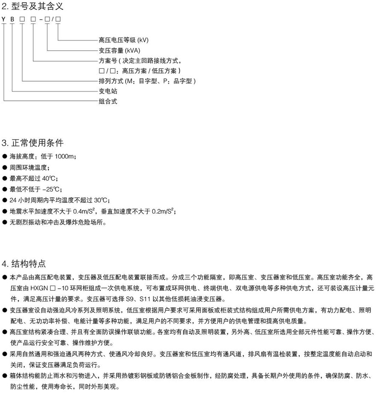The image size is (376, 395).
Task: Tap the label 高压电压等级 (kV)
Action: pyautogui.click(x=123, y=40)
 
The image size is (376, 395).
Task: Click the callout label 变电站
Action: pyautogui.click(x=108, y=91)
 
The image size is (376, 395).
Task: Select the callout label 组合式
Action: pyautogui.click(x=108, y=102)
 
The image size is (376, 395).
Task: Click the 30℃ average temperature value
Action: pyautogui.click(x=101, y=200)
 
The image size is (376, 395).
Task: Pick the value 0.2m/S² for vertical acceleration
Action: pyautogui.click(x=160, y=211)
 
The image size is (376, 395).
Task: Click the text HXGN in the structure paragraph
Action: pyautogui.click(x=39, y=288)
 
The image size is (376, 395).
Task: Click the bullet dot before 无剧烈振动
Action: pyautogui.click(x=5, y=222)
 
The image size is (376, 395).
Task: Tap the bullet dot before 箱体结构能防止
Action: pyautogui.click(x=5, y=376)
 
